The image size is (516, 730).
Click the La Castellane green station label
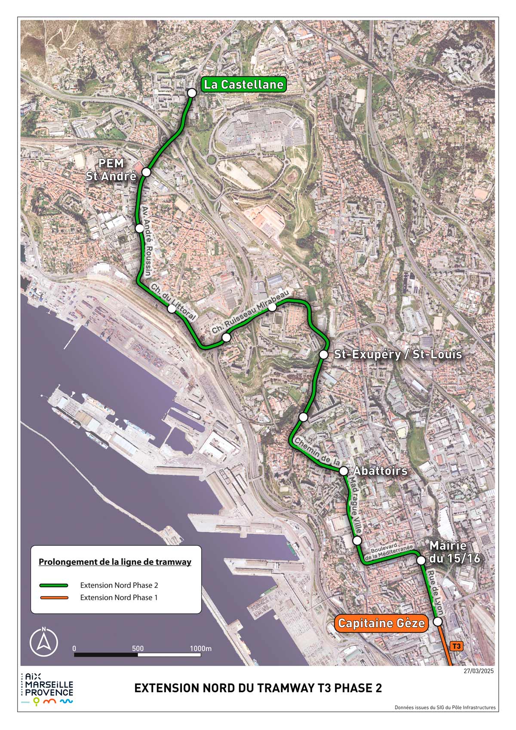click(x=244, y=84)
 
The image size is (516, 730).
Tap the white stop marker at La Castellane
click(x=192, y=93)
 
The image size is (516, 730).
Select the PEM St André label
click(x=111, y=169)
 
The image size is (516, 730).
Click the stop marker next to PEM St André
click(x=146, y=172)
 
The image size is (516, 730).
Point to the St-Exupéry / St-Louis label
click(x=398, y=354)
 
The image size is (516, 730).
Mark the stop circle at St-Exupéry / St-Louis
click(x=324, y=355)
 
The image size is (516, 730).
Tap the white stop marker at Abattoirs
click(x=344, y=471)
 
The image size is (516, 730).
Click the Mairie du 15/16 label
click(x=455, y=552)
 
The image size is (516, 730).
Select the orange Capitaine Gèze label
click(x=381, y=623)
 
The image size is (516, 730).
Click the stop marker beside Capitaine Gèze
click(x=438, y=622)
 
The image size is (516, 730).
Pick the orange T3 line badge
click(x=457, y=646)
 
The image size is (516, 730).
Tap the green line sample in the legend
click(x=54, y=585)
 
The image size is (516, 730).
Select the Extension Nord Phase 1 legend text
click(x=119, y=598)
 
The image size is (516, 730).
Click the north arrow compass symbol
click(x=43, y=643)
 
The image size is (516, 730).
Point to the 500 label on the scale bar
click(x=138, y=649)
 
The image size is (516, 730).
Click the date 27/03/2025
click(x=479, y=671)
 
